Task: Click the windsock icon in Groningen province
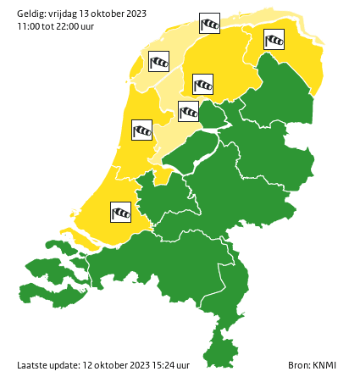273,40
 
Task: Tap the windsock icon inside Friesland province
203,85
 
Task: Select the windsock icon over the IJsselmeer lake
188,111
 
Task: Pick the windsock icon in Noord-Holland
141,130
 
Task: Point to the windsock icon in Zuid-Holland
122,212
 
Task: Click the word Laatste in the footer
32,365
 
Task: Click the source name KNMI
324,365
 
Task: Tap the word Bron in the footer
298,365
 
